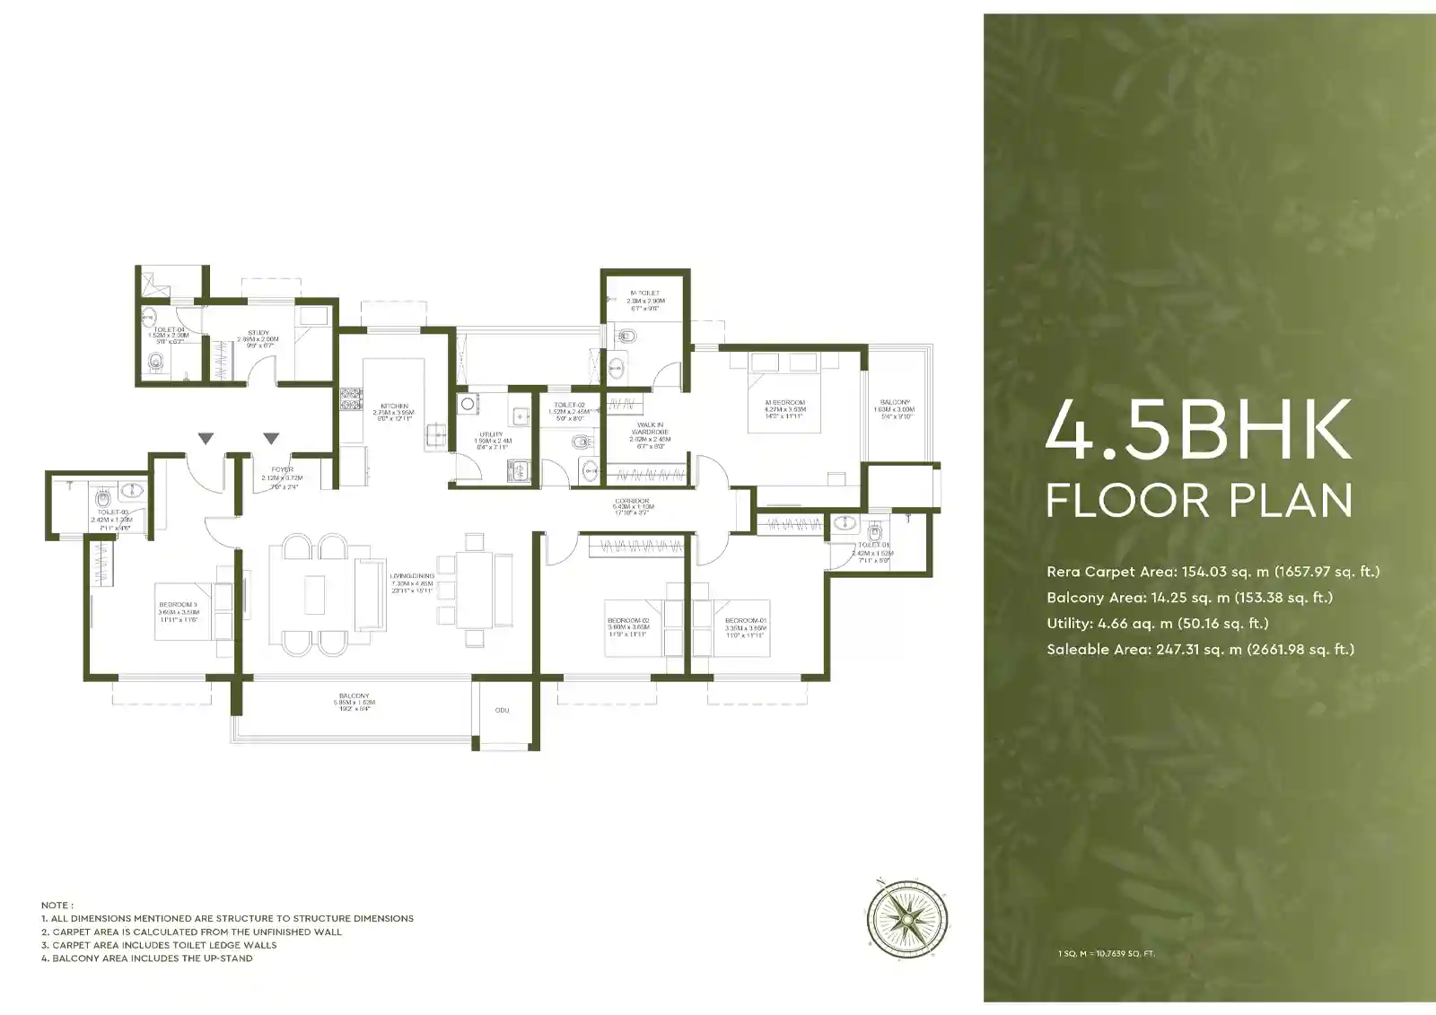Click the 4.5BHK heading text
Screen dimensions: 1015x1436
coord(1198,430)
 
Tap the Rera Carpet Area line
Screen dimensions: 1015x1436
coord(1213,572)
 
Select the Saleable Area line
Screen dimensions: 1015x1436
coord(1200,650)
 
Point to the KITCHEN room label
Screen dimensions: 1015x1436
coord(394,407)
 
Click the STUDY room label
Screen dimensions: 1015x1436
coord(258,333)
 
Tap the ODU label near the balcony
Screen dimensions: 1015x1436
coord(502,710)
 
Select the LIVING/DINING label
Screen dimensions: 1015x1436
coord(412,576)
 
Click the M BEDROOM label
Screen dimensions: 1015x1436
coord(784,403)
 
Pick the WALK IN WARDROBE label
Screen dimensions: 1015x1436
coord(650,428)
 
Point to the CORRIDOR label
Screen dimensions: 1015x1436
coord(632,501)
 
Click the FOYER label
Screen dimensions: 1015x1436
coord(282,469)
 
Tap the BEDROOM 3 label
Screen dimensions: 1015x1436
coord(178,605)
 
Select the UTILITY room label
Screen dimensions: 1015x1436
coord(491,434)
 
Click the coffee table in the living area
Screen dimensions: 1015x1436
coord(314,594)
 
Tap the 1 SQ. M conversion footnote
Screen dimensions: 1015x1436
coord(1106,953)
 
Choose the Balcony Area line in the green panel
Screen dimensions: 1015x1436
coord(1188,598)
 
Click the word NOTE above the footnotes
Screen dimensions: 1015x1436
coord(57,906)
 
